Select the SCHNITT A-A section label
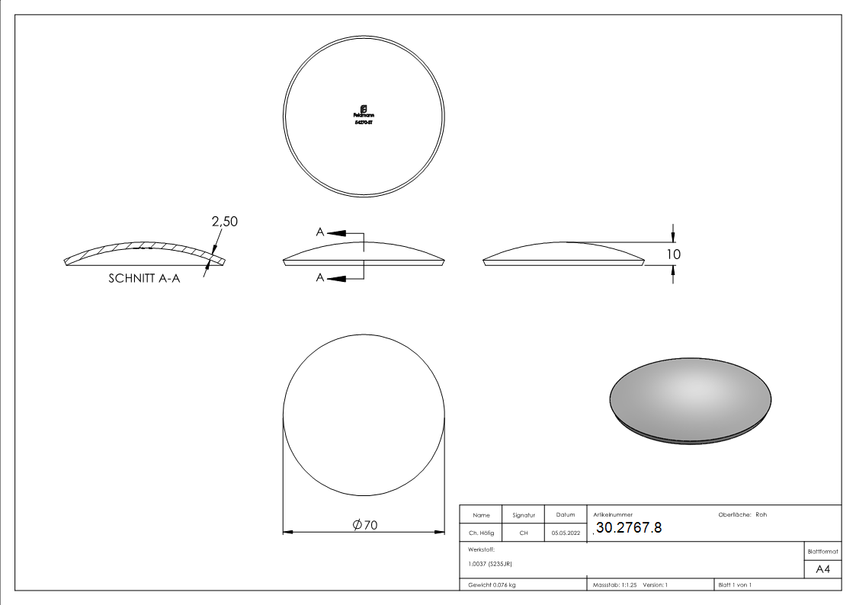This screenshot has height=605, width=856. [x=145, y=279]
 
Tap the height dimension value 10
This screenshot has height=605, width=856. [x=673, y=254]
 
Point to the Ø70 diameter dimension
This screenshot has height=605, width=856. [x=366, y=525]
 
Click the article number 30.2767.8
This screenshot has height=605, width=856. [x=627, y=527]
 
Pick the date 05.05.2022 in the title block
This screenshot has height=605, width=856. [x=566, y=533]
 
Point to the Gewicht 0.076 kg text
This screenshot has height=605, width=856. [x=492, y=584]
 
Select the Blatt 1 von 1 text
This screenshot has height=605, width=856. [x=735, y=584]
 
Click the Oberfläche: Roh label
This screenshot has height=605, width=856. [x=742, y=514]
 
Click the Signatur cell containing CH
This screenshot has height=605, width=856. [x=524, y=533]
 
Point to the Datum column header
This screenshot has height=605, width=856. [x=566, y=515]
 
